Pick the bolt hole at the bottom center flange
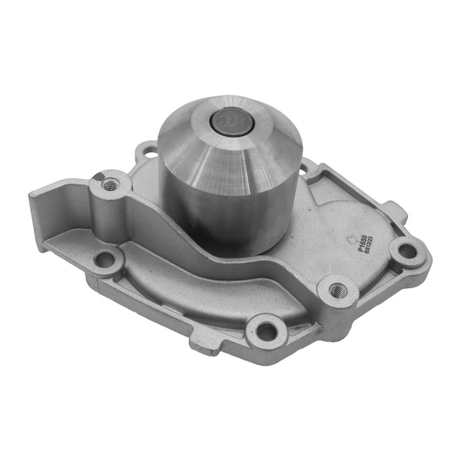[x=266, y=331]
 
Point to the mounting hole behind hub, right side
[x=305, y=164]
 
